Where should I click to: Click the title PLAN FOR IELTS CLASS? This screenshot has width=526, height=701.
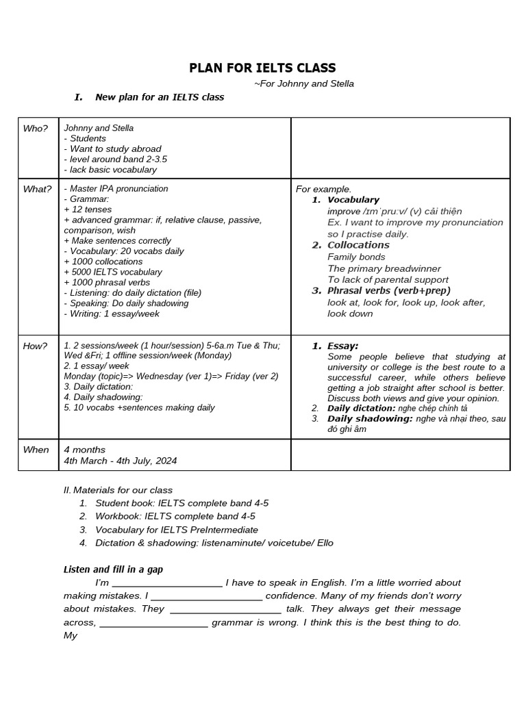point(262,67)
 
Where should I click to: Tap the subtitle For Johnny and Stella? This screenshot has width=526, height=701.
point(303,84)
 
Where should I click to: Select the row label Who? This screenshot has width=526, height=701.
point(36,128)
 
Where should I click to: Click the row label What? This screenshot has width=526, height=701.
point(37,189)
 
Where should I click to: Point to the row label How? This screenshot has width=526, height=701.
point(36,346)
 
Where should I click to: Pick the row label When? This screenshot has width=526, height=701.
point(36,450)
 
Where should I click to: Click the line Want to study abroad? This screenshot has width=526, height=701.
point(113,149)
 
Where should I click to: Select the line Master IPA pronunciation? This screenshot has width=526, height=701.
point(116,189)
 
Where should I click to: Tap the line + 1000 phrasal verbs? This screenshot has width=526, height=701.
point(107,282)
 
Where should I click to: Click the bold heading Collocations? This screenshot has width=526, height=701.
point(358,245)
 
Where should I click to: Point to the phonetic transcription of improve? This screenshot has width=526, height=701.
point(384,211)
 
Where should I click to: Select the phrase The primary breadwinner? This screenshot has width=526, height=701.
point(384,268)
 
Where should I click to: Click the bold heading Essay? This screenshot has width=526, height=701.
point(342,346)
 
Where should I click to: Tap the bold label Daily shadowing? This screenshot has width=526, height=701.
point(369,418)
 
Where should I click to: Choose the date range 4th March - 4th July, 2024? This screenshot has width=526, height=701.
point(120,461)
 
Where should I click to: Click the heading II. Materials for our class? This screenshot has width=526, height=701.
point(118,490)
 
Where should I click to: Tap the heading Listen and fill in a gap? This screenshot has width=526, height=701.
point(113,569)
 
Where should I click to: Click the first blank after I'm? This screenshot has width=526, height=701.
point(167,583)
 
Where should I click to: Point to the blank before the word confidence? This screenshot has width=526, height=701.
point(206,596)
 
